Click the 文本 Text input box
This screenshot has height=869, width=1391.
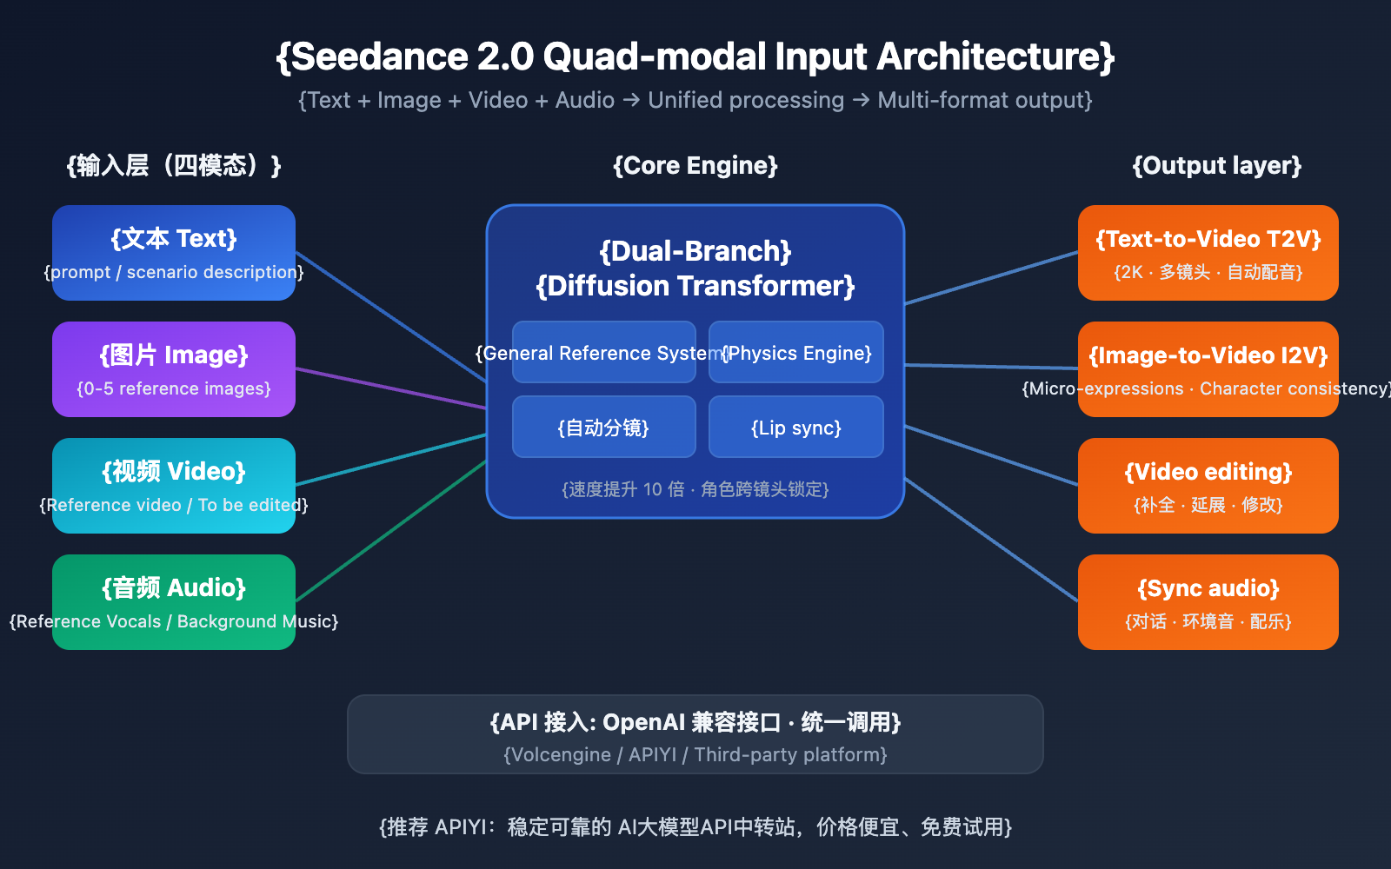click(x=174, y=252)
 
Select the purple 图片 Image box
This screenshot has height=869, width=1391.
click(x=174, y=369)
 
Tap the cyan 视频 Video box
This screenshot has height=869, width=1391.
click(x=174, y=485)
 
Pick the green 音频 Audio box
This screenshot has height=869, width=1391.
click(x=174, y=601)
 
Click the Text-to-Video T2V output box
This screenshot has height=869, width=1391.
click(x=1208, y=252)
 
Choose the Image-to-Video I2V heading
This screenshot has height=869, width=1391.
click(x=1208, y=355)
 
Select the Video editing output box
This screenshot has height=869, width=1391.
click(x=1208, y=485)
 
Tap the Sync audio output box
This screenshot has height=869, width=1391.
click(x=1208, y=601)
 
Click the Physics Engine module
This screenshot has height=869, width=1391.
click(x=796, y=353)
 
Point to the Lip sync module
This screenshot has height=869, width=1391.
click(x=796, y=428)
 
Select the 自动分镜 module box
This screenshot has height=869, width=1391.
click(x=603, y=428)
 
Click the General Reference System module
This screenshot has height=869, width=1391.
click(x=603, y=353)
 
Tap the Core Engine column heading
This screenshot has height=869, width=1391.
click(x=695, y=165)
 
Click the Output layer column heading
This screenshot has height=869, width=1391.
click(x=1217, y=165)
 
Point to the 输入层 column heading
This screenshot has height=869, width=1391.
click(x=174, y=165)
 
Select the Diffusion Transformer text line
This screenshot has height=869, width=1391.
click(x=695, y=286)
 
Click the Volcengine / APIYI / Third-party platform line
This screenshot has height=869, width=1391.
click(x=695, y=754)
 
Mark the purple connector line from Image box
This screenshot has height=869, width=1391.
click(x=391, y=388)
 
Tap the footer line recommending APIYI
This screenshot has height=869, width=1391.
click(x=695, y=826)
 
